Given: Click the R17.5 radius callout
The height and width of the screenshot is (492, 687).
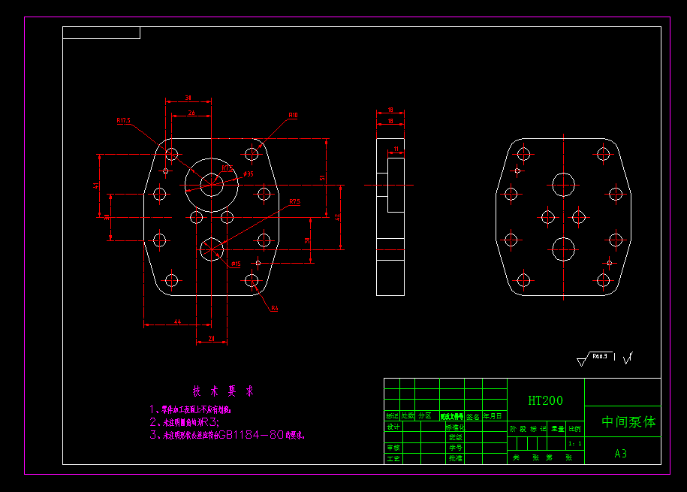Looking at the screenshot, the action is pos(124,120).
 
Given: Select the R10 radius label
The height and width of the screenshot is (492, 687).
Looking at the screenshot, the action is pos(293,116).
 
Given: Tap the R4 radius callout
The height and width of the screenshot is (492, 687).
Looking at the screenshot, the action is pos(275,309).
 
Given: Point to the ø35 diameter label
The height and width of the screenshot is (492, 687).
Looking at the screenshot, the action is pos(249,174).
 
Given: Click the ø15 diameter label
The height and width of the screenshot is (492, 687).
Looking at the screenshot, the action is pos(235,264).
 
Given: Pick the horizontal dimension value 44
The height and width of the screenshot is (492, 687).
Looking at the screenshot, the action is pos(177,321).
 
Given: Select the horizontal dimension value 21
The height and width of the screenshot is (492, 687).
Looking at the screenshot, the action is pos(212,338).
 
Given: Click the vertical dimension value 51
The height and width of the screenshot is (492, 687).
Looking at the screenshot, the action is pos(322,177).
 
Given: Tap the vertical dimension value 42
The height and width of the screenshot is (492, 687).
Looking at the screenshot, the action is pos(337,217).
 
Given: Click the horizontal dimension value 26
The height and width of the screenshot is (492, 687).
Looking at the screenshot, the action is pos(191,113).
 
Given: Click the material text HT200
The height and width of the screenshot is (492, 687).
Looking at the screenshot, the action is pos(545,401).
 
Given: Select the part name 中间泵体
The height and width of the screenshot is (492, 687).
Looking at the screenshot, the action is pos(628,422).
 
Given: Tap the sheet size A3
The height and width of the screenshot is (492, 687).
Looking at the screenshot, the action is pos(620,454).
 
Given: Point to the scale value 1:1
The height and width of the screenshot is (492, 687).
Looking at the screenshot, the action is pos(575,444).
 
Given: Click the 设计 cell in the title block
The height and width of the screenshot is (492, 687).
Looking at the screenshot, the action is pos(393,426).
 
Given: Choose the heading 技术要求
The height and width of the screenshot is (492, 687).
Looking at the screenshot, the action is pos(223,391).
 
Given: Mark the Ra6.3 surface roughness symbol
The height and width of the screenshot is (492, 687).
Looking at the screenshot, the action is pos(598,356).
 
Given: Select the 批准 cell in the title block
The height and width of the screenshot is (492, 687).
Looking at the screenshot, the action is pos(455,457).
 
